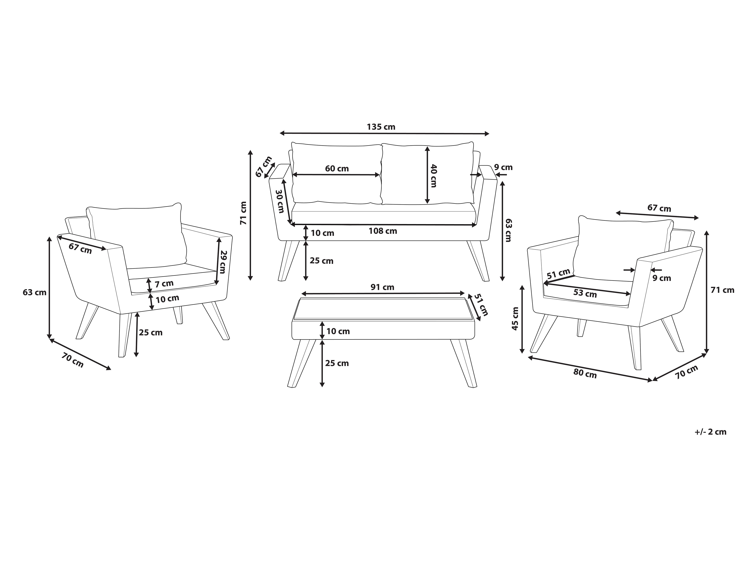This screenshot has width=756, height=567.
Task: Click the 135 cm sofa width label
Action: (x=381, y=127)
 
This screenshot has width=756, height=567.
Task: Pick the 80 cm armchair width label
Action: (x=585, y=374)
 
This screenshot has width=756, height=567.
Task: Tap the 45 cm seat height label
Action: (x=515, y=318)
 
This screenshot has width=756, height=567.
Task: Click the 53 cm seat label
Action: (x=585, y=293)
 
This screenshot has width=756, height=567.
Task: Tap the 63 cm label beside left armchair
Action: (x=34, y=293)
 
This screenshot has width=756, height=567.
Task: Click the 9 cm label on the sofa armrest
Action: (x=504, y=167)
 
